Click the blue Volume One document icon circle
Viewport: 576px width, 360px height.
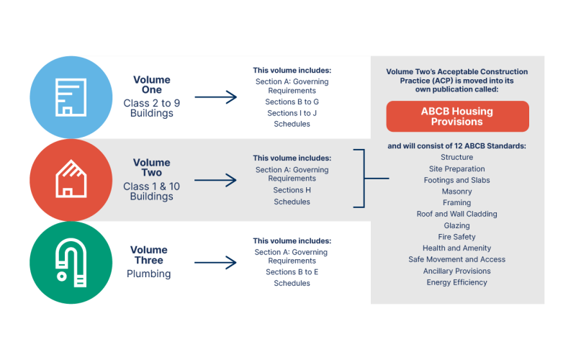coord(71,97)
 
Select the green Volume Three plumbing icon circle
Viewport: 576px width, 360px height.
coord(71,262)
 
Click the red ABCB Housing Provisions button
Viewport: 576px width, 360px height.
coord(457,117)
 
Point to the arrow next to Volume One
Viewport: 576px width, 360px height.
coord(215,97)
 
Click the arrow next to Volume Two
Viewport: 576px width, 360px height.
coord(215,180)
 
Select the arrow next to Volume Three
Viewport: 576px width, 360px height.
coord(215,262)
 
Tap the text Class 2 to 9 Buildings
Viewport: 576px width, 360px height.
coord(151,108)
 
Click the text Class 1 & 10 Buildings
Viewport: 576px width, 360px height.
coord(151,192)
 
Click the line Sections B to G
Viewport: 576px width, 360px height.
coord(292,102)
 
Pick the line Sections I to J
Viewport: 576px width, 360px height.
coord(292,113)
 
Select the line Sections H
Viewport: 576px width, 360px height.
coord(292,190)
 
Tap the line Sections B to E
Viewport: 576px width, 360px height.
coord(292,272)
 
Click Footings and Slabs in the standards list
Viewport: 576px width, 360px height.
coord(456,180)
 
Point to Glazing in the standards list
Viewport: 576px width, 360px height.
coord(456,225)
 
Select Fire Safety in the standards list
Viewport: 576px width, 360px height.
coord(456,237)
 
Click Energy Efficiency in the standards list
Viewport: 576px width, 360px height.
coord(456,282)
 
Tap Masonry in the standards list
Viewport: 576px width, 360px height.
coord(456,192)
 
